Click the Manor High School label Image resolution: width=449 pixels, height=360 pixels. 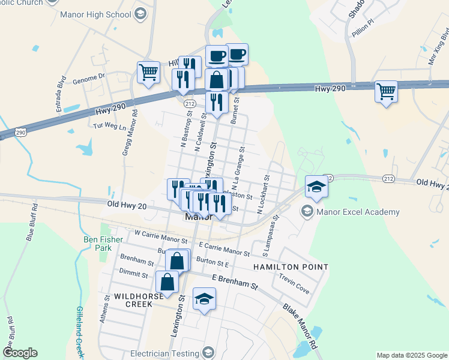tap(95, 13)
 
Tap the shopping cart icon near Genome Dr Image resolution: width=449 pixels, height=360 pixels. tap(148, 73)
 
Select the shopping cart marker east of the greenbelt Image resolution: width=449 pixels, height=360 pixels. tap(386, 92)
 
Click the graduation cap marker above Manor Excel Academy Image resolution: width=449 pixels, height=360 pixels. tap(316, 187)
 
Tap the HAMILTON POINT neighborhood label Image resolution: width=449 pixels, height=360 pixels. tap(291, 266)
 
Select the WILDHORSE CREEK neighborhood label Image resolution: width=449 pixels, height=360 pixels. tap(126, 301)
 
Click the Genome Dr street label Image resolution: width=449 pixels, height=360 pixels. tap(88, 76)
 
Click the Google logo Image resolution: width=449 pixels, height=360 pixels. tap(19, 352)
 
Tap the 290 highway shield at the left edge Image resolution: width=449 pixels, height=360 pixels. tap(4, 133)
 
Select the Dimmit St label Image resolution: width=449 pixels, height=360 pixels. tap(133, 274)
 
